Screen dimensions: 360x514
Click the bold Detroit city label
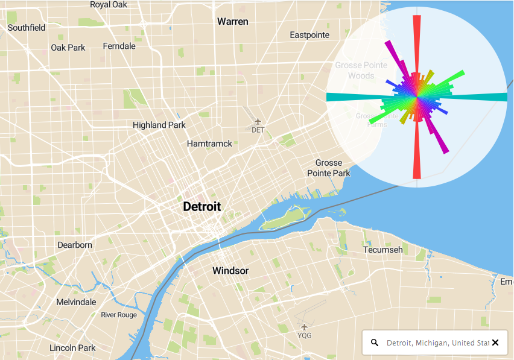[x=201, y=207]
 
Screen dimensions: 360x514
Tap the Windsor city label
[x=230, y=271]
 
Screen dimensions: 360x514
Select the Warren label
[x=232, y=22]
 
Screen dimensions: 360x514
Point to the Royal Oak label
[x=109, y=5]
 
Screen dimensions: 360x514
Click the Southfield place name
[x=27, y=28]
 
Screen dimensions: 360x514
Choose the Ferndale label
[x=119, y=46]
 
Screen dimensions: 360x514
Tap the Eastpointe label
[x=309, y=35]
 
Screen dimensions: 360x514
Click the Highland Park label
[x=159, y=125]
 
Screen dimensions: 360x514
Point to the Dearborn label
[x=75, y=245]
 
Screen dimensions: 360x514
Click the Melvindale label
[x=76, y=302]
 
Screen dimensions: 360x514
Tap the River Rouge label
[x=119, y=315]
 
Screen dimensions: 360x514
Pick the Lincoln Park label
[x=72, y=348]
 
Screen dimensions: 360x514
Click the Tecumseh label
[x=382, y=250]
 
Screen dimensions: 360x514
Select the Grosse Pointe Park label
[x=332, y=168]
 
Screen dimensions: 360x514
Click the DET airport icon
[x=258, y=121]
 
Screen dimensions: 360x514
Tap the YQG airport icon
[x=304, y=327]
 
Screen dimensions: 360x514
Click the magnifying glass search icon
[x=375, y=343]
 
